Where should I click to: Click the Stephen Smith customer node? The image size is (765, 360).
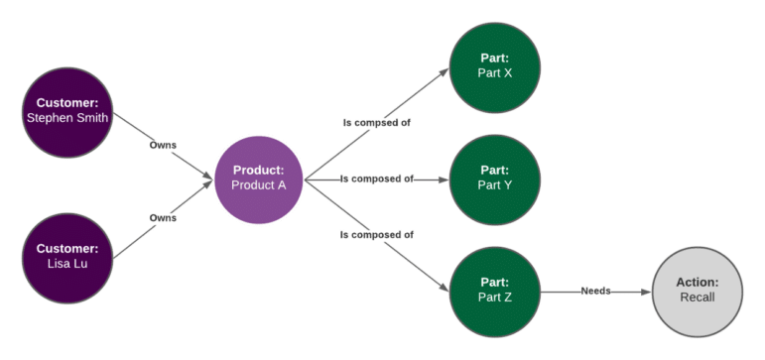[x=66, y=110]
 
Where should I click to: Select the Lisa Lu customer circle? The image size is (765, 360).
[x=66, y=256]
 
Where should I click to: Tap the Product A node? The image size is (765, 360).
[x=258, y=179]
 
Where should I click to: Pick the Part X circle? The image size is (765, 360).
[x=494, y=65]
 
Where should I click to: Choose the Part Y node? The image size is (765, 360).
[x=494, y=179]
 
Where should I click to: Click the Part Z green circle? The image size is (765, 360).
[x=494, y=291]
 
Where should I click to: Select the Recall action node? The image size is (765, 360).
[x=698, y=291]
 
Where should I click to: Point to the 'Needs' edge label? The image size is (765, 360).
[x=595, y=291]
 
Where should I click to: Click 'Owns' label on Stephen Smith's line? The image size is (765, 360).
[x=163, y=145]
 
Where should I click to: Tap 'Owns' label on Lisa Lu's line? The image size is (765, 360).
[x=163, y=218]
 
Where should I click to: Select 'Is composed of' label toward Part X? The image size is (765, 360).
[x=376, y=123]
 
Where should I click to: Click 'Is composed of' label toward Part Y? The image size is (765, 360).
[x=376, y=180]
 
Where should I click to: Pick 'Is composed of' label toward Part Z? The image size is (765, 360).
[x=376, y=235]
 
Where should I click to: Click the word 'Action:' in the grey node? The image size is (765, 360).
[x=698, y=283]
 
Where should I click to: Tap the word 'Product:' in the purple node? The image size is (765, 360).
[x=258, y=171]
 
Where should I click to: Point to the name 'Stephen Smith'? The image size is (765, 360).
[x=66, y=117]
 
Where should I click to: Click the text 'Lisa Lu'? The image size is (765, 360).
[x=66, y=263]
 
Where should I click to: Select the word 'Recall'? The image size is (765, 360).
[x=698, y=298]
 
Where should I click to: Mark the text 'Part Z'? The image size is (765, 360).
[x=494, y=298]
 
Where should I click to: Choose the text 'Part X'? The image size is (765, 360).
[x=494, y=72]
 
